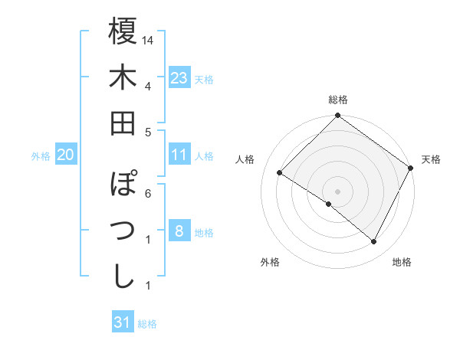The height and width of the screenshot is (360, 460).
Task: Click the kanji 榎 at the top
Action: tap(123, 31)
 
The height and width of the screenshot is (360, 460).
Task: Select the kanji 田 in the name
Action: tap(123, 123)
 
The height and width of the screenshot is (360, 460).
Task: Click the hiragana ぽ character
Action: tap(123, 185)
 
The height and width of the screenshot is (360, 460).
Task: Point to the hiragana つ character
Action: tap(123, 231)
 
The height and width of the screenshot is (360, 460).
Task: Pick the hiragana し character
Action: tap(123, 277)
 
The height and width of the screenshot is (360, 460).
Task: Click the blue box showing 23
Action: tap(179, 78)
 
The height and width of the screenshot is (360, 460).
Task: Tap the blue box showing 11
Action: tap(179, 155)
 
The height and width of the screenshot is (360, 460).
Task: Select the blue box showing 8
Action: tap(179, 231)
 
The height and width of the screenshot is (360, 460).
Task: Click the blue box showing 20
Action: tap(66, 155)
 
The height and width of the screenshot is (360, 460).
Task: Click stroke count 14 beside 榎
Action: tap(149, 40)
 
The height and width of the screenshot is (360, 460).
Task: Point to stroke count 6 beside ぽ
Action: tap(149, 193)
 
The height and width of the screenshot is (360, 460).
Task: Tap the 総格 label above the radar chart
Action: tap(338, 100)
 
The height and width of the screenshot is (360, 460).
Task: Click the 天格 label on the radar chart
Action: tap(431, 159)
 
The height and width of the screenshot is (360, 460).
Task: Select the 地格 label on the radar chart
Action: tap(402, 262)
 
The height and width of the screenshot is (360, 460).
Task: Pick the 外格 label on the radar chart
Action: tap(270, 262)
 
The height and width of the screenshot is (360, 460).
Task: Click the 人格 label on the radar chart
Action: tap(245, 159)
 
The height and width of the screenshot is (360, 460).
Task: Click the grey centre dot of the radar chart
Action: tap(337, 191)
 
